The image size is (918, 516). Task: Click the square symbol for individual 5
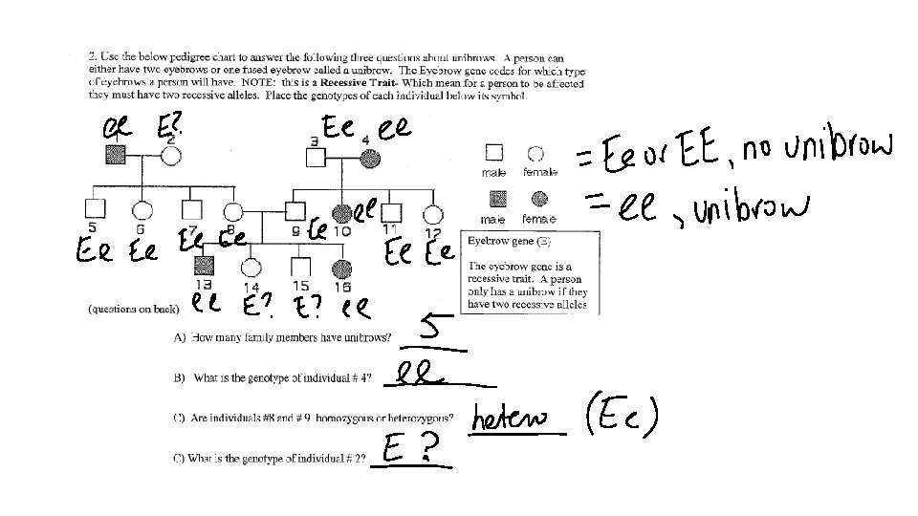coord(93,208)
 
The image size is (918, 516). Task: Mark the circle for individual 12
coord(433,213)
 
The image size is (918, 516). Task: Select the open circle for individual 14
coord(251,268)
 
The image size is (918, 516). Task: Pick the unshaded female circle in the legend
coord(535,153)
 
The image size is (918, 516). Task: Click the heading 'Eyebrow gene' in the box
coord(498,242)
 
